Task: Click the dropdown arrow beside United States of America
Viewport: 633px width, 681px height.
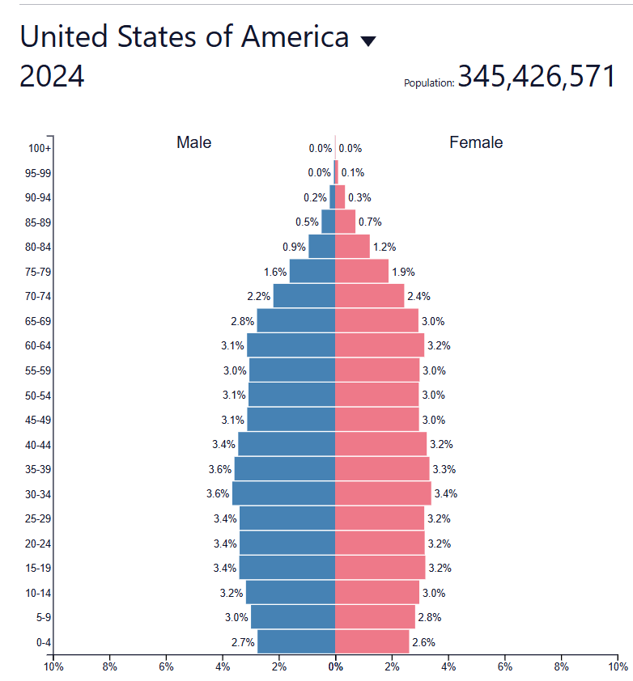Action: point(368,41)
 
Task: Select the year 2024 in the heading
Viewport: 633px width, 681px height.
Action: point(52,77)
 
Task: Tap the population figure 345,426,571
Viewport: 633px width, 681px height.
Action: point(537,76)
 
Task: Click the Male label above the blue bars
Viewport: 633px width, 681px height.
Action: point(193,142)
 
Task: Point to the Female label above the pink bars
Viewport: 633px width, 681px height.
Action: point(476,142)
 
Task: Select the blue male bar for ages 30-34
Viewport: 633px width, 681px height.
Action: point(283,493)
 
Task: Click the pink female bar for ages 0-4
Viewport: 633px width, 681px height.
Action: point(372,642)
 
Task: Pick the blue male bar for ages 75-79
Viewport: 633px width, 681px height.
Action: point(312,271)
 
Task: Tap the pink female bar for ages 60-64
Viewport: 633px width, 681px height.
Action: point(379,345)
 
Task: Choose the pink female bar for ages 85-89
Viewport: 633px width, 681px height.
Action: point(345,222)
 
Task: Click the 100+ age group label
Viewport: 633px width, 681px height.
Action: point(40,148)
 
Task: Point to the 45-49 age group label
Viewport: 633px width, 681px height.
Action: point(40,420)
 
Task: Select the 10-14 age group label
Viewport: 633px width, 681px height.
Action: point(40,593)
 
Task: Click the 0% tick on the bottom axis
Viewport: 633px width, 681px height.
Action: point(335,667)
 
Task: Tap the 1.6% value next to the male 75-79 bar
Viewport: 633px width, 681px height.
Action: point(275,272)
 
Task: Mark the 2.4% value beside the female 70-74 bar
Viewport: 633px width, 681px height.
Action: point(418,296)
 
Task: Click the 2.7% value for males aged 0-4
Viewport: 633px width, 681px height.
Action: point(243,642)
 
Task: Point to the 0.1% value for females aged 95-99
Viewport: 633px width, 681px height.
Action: point(353,172)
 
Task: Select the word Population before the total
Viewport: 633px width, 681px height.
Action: point(428,83)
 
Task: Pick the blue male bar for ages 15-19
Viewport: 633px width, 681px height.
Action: point(287,568)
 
